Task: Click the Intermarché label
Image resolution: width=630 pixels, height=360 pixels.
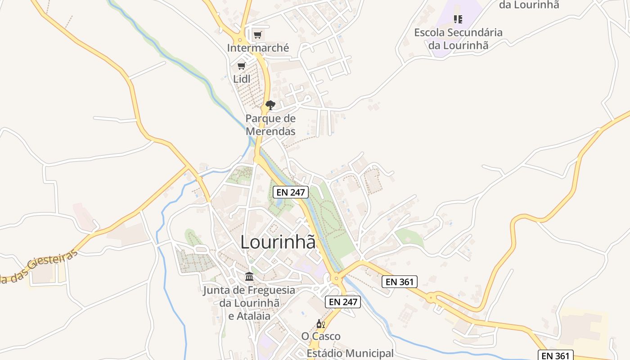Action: (258, 48)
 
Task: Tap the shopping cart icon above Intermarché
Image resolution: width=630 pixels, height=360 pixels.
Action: (257, 35)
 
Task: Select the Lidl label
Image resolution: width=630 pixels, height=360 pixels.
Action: (242, 79)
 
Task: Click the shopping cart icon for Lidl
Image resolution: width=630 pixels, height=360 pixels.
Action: (242, 66)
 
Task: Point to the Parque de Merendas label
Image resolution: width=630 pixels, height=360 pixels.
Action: (270, 125)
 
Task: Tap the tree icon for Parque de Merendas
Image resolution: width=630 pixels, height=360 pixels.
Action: (270, 105)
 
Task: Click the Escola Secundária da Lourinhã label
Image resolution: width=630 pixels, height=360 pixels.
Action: (458, 39)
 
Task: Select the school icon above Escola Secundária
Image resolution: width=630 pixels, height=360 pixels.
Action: (458, 19)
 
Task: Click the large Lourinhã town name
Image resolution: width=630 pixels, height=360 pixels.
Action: (278, 242)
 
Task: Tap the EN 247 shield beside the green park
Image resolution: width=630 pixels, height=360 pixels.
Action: (291, 192)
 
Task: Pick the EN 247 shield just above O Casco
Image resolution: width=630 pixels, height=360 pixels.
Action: (343, 301)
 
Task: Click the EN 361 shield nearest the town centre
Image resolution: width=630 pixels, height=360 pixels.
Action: (400, 282)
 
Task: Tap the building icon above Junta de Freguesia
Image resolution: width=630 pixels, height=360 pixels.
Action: (249, 276)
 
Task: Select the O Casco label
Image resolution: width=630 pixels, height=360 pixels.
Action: (321, 336)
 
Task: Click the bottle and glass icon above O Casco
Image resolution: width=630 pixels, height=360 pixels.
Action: (320, 324)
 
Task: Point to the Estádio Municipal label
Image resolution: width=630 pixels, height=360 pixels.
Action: (350, 353)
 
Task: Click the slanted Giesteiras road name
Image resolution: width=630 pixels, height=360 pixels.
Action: (40, 266)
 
